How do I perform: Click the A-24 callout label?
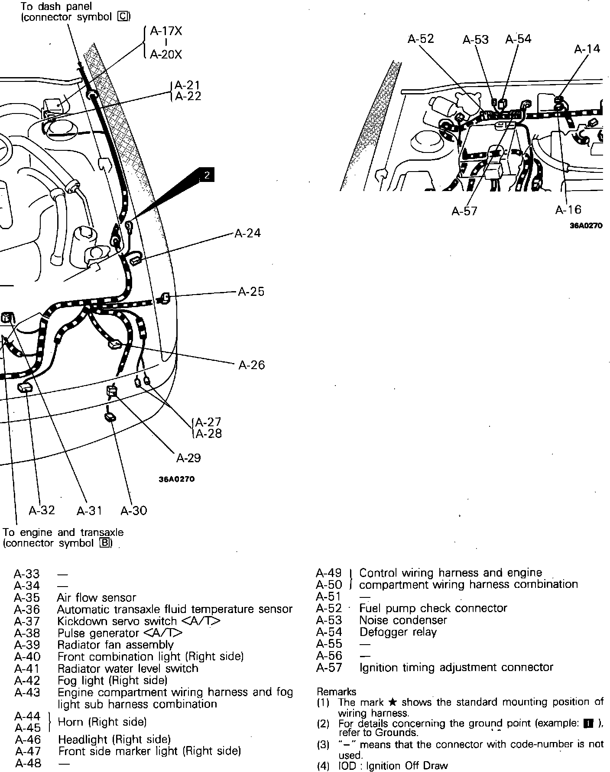[x=247, y=233]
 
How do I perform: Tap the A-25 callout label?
[x=251, y=292]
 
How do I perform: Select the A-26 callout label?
[x=251, y=365]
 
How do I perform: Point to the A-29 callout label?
[x=188, y=458]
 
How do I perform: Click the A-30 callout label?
[x=134, y=511]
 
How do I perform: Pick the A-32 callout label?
[x=42, y=510]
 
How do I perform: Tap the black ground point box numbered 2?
[x=207, y=175]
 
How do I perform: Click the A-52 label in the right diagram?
[x=421, y=39]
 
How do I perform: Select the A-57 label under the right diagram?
[x=464, y=211]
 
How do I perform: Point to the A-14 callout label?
[x=587, y=49]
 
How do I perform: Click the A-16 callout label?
[x=568, y=210]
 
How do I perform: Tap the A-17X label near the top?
[x=166, y=31]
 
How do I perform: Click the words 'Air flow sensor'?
[x=97, y=598]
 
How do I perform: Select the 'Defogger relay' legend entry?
[x=398, y=632]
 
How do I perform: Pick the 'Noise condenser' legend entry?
[x=403, y=620]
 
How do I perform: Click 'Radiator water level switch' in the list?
[x=128, y=668]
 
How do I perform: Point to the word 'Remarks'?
[x=337, y=692]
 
